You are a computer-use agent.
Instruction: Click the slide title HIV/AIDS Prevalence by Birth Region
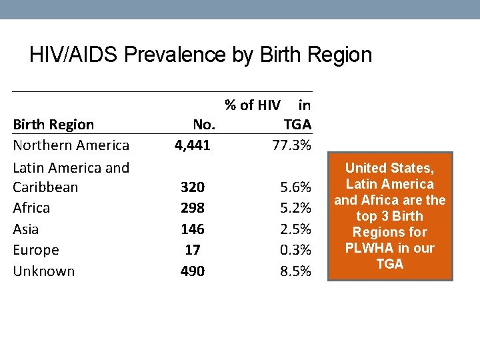pyautogui.click(x=201, y=55)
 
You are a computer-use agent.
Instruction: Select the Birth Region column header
pyautogui.click(x=53, y=125)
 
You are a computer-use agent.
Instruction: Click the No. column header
pyautogui.click(x=203, y=125)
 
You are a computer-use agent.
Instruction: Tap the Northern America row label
pyautogui.click(x=71, y=145)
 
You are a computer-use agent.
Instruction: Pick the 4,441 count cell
pyautogui.click(x=193, y=145)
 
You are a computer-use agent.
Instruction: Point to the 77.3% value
pyautogui.click(x=291, y=145)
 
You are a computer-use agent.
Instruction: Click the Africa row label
pyautogui.click(x=31, y=208)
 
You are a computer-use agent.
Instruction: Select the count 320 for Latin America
pyautogui.click(x=193, y=187)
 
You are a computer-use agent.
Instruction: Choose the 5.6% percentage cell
pyautogui.click(x=295, y=187)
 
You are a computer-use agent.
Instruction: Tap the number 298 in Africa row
pyautogui.click(x=193, y=208)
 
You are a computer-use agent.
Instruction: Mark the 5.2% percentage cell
pyautogui.click(x=295, y=208)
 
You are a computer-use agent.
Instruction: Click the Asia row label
pyautogui.click(x=26, y=229)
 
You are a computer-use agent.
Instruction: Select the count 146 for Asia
pyautogui.click(x=193, y=229)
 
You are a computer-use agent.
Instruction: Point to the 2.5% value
pyautogui.click(x=295, y=229)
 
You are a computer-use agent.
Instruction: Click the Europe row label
pyautogui.click(x=36, y=250)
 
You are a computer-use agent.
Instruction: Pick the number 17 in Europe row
pyautogui.click(x=193, y=250)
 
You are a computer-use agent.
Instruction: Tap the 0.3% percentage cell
pyautogui.click(x=295, y=250)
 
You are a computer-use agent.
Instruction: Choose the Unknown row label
pyautogui.click(x=44, y=271)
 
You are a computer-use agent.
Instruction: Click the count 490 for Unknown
pyautogui.click(x=193, y=271)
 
